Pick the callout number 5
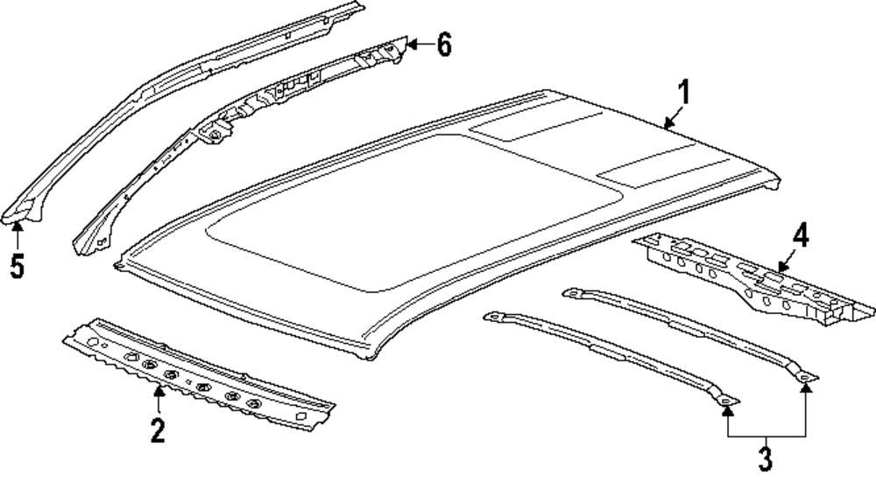point(17,263)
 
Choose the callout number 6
point(444,44)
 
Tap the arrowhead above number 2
point(158,391)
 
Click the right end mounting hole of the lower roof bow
point(725,402)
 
